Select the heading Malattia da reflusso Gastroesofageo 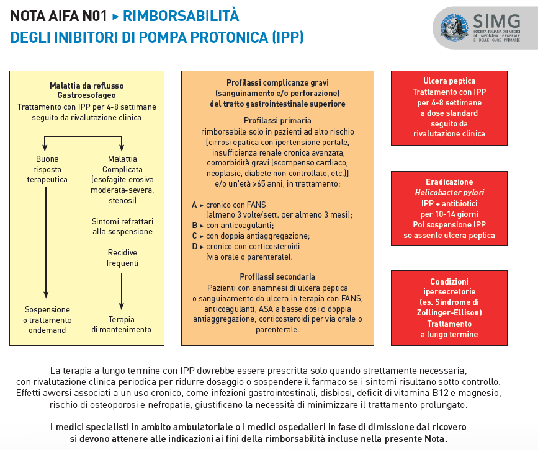point(87,90)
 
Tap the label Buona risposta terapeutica point(47,169)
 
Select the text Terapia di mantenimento point(122,324)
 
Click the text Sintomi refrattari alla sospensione point(122,226)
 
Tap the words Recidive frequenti point(122,258)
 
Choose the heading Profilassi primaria point(277,120)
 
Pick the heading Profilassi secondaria point(277,276)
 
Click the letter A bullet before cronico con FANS point(195,204)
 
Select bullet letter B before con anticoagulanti point(195,225)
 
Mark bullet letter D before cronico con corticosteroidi point(195,246)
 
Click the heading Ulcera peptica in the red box point(449,81)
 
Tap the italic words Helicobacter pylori point(449,192)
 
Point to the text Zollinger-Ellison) point(449,313)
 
